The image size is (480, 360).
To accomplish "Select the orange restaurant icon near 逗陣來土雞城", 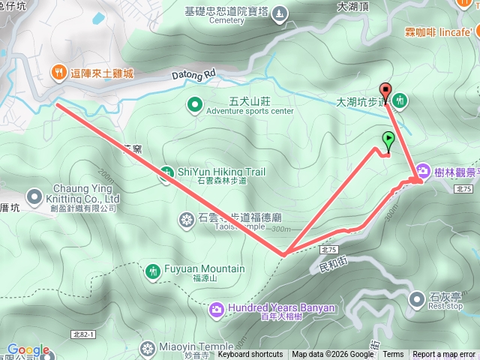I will click(57, 73).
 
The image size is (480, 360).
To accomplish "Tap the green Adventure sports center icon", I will click(194, 104).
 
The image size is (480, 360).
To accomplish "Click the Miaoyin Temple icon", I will click(146, 347).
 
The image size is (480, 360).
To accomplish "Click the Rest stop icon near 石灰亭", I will click(417, 300).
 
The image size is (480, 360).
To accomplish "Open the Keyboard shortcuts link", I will click(250, 355).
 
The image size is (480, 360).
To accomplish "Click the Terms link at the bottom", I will click(393, 355).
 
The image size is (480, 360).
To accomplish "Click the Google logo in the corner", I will click(28, 350).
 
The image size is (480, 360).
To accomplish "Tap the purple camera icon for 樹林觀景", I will click(422, 172).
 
